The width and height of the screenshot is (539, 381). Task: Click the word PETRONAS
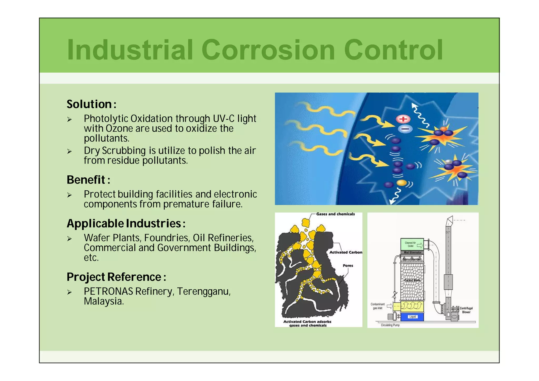click(x=108, y=291)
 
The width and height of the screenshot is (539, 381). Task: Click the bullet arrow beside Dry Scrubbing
click(x=69, y=151)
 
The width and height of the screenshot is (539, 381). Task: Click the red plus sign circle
click(x=403, y=119)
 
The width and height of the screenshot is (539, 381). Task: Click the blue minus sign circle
click(x=405, y=129)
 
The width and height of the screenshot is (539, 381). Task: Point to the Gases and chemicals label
click(x=335, y=214)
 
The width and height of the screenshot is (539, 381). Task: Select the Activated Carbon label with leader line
click(x=346, y=252)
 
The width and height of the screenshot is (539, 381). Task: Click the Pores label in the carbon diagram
click(x=348, y=265)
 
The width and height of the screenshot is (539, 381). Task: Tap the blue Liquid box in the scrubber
click(x=412, y=317)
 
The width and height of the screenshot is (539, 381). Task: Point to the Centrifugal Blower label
click(x=466, y=310)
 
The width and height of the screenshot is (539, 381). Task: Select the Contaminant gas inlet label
click(x=377, y=306)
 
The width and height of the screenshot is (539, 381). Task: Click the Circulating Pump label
click(x=390, y=325)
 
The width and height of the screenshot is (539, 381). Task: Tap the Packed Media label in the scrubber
click(x=412, y=280)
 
